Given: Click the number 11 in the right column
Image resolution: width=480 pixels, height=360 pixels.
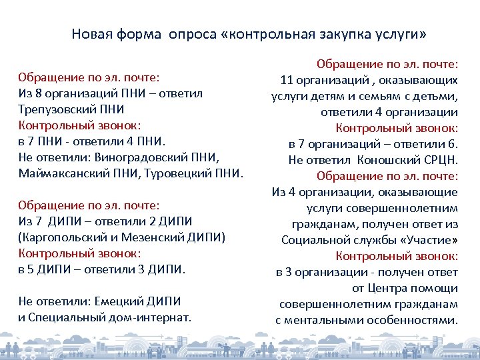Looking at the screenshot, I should click(x=287, y=81).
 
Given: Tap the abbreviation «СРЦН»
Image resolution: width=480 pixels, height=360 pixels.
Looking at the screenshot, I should click(x=441, y=160).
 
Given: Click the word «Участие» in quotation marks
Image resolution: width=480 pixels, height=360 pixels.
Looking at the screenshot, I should click(x=431, y=240).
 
